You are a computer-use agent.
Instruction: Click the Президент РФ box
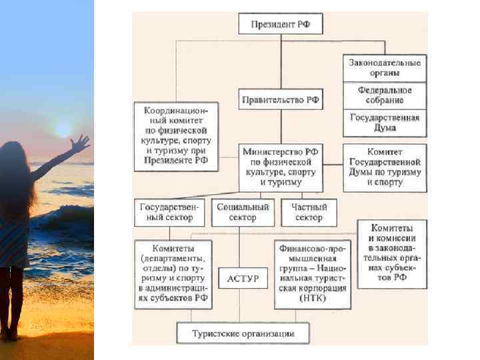click(281, 25)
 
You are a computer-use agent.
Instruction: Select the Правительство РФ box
click(281, 101)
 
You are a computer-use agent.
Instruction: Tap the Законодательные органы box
click(385, 67)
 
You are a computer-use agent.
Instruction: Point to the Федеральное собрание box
click(385, 95)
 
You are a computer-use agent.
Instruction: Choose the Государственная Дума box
click(385, 123)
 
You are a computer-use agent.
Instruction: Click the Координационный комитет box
click(175, 136)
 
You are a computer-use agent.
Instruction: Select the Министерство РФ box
click(281, 166)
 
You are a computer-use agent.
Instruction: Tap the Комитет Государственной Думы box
click(385, 167)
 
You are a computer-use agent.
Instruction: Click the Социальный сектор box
click(243, 213)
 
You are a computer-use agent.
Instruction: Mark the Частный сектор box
click(309, 213)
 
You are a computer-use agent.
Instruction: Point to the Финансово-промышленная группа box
click(312, 273)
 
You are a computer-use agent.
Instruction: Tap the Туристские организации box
click(243, 333)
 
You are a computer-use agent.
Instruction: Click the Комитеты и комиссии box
click(392, 253)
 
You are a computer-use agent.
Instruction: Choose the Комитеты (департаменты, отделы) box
click(173, 273)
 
